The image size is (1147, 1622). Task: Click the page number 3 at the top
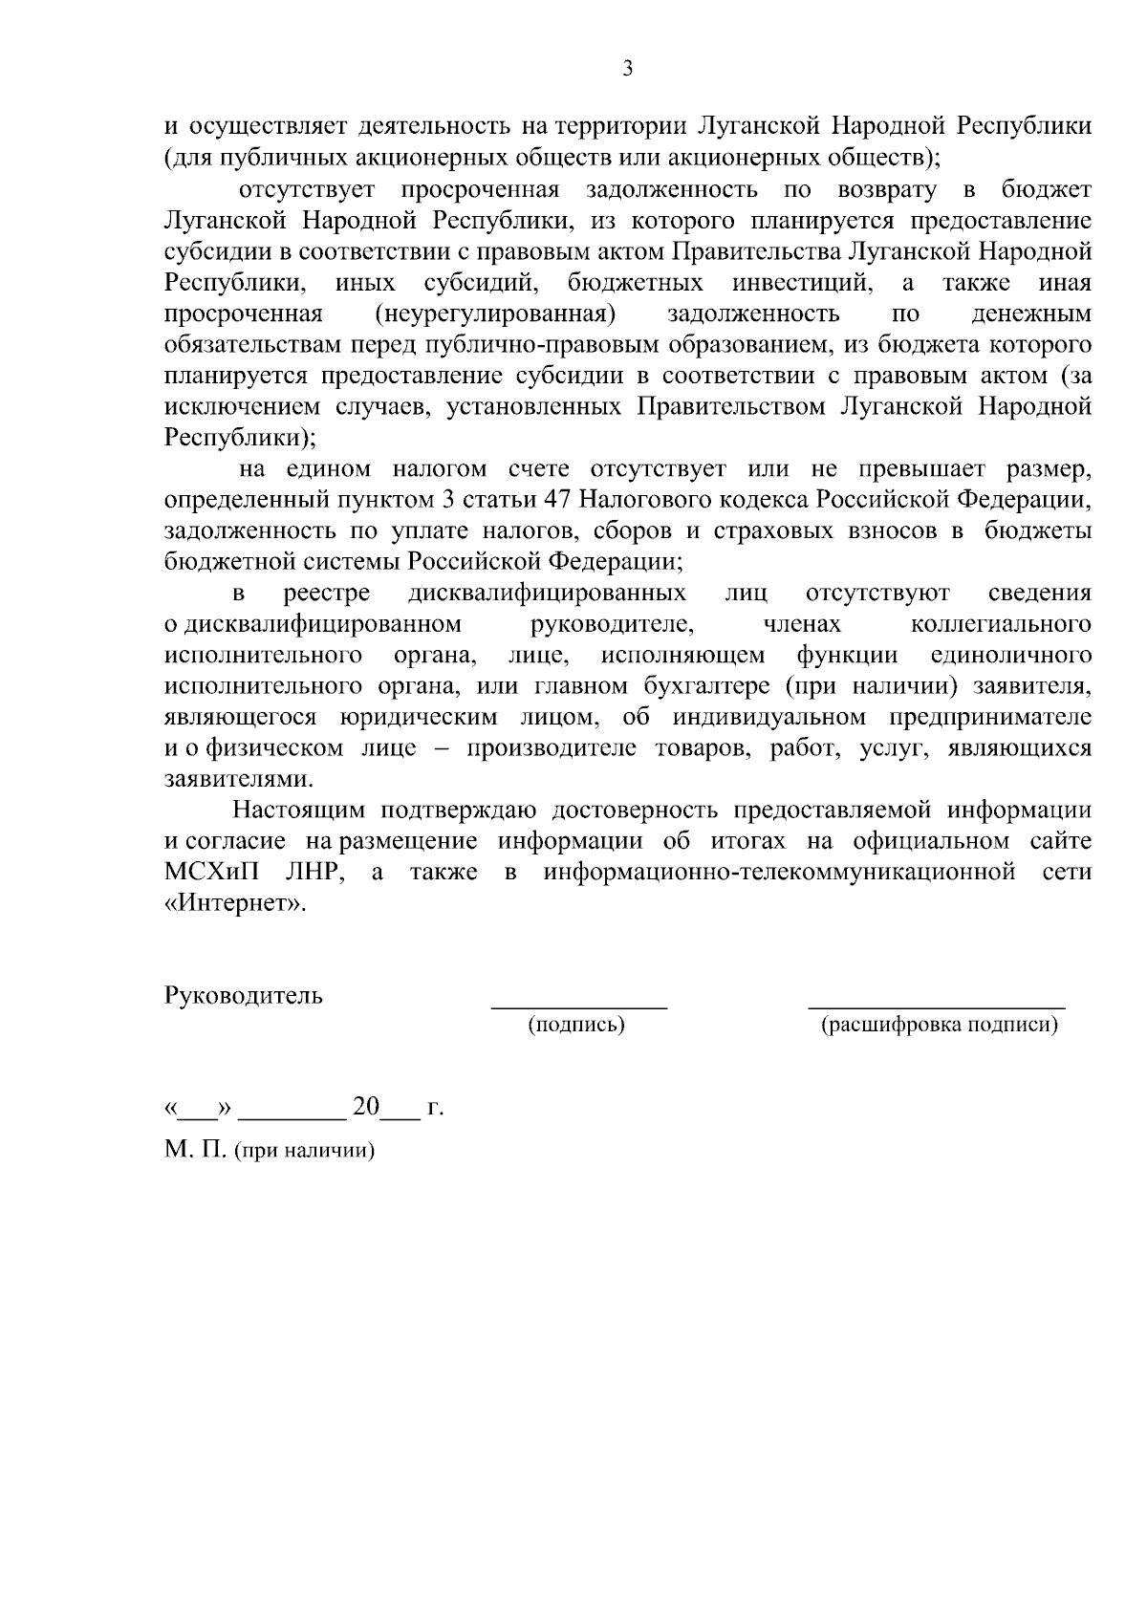(x=627, y=69)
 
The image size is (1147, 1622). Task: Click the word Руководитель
(x=244, y=995)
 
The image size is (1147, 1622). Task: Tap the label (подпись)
(x=576, y=1026)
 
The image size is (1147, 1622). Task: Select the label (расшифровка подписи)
(x=940, y=1026)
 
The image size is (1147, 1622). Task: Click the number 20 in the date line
(x=366, y=1107)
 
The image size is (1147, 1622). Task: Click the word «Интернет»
(x=236, y=903)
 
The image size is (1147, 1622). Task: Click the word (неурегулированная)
(x=493, y=314)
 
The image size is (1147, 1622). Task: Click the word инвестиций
(x=802, y=283)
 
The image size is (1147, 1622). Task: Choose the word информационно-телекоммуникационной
(x=779, y=873)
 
